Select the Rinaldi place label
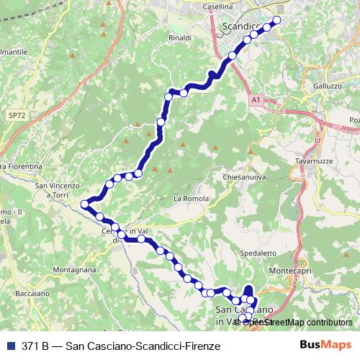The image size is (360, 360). (179, 37)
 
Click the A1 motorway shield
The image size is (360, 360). (256, 102)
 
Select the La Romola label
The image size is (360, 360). (191, 198)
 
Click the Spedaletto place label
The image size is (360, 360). (258, 253)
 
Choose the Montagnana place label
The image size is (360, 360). (74, 269)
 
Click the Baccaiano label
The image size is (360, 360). (32, 293)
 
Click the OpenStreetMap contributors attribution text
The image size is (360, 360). (297, 323)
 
